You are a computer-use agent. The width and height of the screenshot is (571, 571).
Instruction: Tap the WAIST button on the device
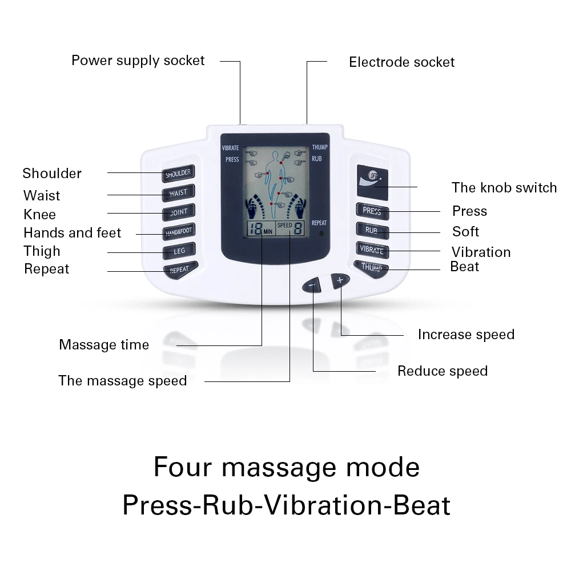(178, 192)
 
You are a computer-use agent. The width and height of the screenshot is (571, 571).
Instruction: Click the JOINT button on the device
(178, 212)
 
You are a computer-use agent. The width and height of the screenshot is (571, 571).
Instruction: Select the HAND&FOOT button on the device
(178, 231)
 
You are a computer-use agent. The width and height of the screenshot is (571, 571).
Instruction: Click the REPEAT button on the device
(179, 269)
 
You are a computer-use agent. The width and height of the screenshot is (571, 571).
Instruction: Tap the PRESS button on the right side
(372, 211)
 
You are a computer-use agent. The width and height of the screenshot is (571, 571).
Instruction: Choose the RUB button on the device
(372, 230)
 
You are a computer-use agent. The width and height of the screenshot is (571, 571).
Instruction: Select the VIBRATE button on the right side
(372, 250)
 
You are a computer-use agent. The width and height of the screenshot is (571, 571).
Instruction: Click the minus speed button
(313, 284)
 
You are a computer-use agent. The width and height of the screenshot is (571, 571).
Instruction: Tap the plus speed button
(340, 280)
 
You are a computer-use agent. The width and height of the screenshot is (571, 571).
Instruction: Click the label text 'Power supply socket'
(138, 61)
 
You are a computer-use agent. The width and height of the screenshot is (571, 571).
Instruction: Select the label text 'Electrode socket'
(401, 62)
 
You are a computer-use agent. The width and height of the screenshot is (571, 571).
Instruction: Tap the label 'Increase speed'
(466, 335)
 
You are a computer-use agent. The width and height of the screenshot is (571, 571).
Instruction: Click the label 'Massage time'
(104, 345)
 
